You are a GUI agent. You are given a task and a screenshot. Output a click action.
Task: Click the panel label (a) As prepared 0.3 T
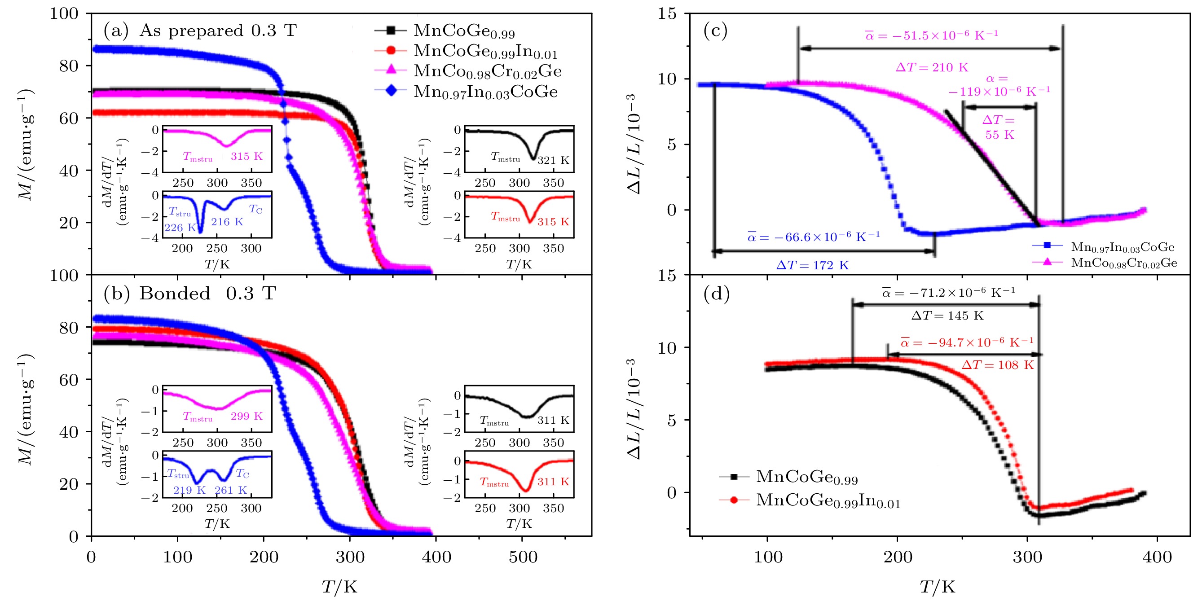200,31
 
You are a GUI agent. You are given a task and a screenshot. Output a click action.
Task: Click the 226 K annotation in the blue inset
180,228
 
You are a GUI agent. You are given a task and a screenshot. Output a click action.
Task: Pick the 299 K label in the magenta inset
247,416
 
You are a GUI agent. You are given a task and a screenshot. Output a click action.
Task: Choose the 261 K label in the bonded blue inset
230,490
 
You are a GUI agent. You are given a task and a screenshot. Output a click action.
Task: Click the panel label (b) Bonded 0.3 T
189,294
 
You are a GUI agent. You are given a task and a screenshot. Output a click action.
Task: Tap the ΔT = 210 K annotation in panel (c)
932,68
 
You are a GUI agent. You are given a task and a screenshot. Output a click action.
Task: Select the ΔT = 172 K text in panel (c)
812,266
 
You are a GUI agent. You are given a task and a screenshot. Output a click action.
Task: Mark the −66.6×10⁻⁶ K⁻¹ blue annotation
814,237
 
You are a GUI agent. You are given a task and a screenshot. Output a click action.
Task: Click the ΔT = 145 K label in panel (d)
947,316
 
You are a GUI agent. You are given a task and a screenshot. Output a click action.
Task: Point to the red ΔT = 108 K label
998,365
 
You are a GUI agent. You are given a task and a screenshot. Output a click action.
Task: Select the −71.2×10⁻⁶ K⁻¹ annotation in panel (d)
948,293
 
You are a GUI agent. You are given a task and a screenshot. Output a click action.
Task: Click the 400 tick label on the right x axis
1157,557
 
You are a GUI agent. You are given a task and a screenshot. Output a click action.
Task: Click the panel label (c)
715,31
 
